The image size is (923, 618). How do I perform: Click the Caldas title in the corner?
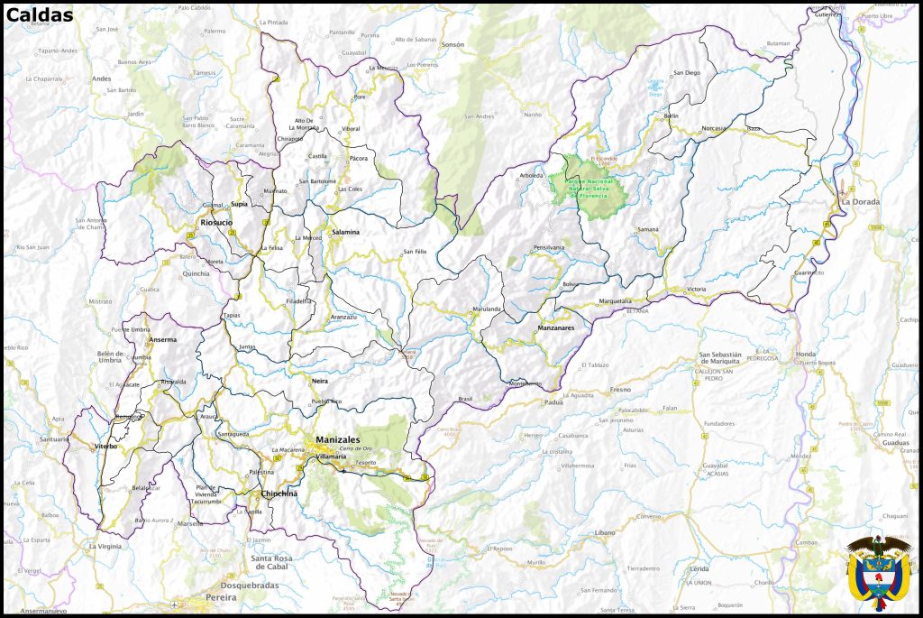pos(40,14)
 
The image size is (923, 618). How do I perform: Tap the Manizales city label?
pos(338,440)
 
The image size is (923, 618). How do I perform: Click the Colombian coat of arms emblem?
pos(878,572)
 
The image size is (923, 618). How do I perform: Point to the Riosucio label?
pos(215,221)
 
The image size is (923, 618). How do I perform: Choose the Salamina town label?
pos(345,232)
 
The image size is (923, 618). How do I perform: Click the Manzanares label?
pos(555,327)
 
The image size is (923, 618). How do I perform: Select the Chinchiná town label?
pos(279,493)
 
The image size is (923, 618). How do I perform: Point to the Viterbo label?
pos(106,446)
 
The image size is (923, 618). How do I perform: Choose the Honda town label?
pos(805,355)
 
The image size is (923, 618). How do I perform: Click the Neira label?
pos(319,382)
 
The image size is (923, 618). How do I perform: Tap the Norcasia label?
pos(713,128)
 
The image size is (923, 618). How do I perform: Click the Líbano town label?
pos(604,533)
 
